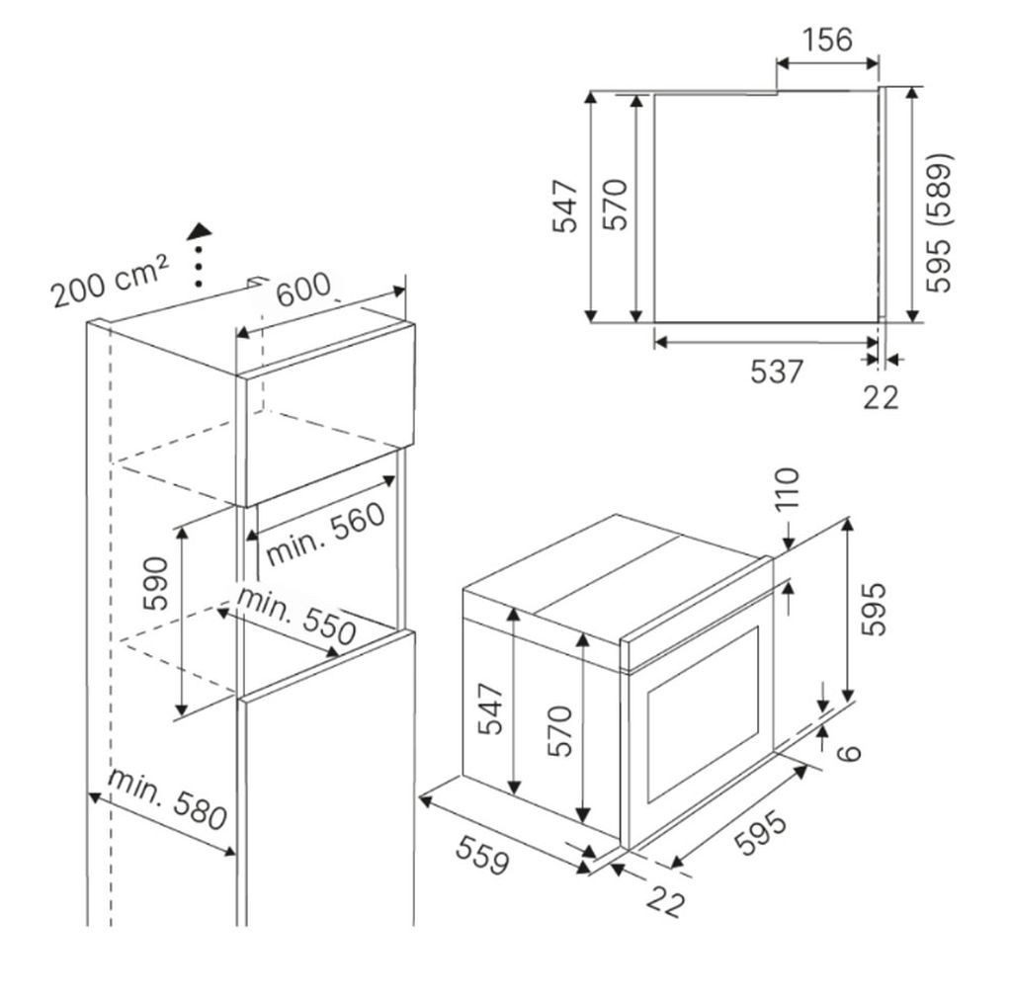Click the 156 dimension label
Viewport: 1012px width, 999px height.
point(825,40)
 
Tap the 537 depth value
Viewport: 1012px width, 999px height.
point(778,374)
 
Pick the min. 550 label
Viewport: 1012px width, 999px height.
point(295,620)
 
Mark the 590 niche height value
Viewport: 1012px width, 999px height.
point(157,584)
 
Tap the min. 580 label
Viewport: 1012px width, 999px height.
point(168,798)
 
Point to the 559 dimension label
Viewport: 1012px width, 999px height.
point(483,855)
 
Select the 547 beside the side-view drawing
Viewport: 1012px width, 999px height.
point(564,207)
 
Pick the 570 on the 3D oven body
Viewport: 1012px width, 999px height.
point(560,731)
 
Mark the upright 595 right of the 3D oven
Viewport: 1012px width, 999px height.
point(874,609)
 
